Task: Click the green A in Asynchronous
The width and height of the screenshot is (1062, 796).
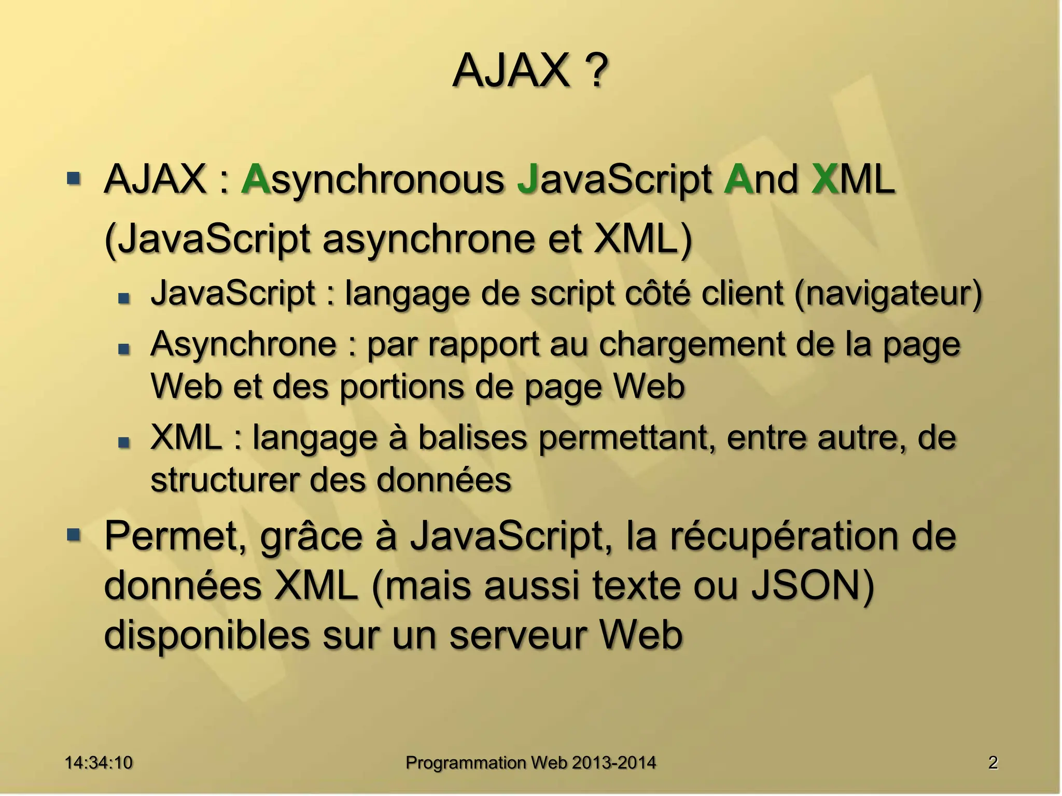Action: [x=256, y=179]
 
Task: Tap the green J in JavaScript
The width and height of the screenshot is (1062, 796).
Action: [x=527, y=179]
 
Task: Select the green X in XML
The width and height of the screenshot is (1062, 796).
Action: [x=825, y=179]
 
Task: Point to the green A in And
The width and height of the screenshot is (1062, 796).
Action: [x=739, y=179]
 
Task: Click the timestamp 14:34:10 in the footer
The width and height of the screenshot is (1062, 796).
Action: [x=99, y=762]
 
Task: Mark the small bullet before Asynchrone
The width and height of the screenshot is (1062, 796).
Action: [x=124, y=349]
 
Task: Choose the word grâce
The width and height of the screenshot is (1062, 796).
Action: [x=311, y=537]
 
